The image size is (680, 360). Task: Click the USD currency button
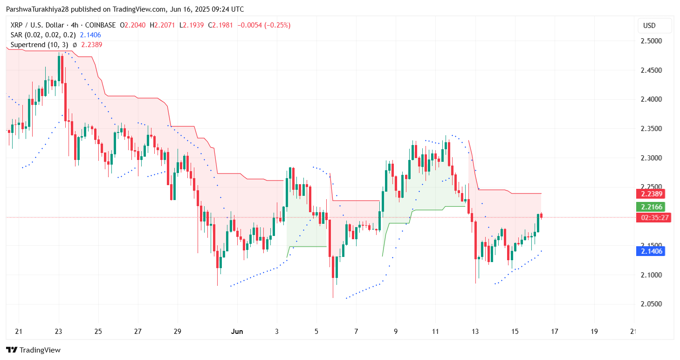pos(654,26)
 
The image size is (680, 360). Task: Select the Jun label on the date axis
pos(237,332)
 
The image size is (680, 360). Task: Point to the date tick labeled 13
pos(475,332)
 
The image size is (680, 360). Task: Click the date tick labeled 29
pos(178,332)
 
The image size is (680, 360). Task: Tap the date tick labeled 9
pos(396,332)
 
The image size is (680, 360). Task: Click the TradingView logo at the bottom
pos(33,350)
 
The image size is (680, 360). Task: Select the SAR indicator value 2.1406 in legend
pos(90,35)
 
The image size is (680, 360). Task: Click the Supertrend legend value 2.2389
pos(92,45)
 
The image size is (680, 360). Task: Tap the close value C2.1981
pos(220,25)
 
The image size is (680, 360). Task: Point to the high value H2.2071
pos(165,25)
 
